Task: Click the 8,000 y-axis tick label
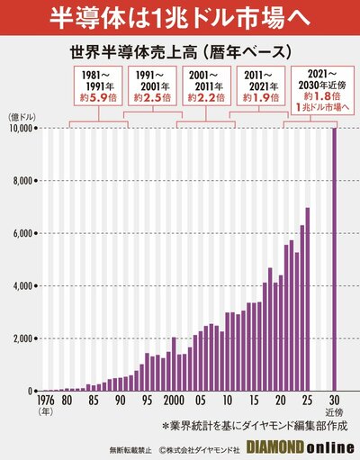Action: [x=22, y=181]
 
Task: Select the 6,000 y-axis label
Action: [x=22, y=234]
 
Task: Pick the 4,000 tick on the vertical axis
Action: [x=22, y=286]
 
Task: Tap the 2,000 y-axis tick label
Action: [x=22, y=339]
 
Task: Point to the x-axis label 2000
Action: [x=174, y=400]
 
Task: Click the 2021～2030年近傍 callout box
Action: [x=320, y=87]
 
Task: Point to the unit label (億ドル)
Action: [x=22, y=115]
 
